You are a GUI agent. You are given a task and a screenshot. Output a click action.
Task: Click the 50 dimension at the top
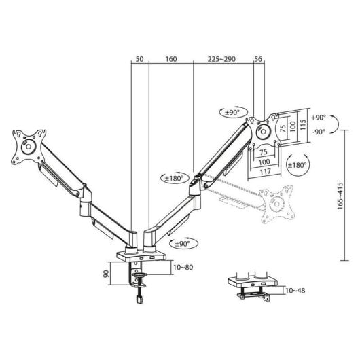pos(139,60)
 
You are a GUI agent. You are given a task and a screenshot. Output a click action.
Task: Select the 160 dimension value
pos(170,60)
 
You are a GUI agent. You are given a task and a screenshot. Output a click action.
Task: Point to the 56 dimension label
pos(259,60)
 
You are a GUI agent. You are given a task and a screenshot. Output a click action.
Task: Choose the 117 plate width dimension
pos(266,171)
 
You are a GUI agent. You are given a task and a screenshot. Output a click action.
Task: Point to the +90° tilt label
pos(319,117)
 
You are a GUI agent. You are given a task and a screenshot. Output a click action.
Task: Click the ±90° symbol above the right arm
pos(231,111)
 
